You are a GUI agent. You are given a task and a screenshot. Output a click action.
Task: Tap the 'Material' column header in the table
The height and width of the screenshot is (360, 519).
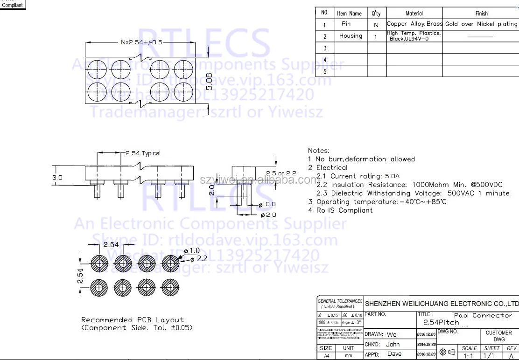tap(414, 14)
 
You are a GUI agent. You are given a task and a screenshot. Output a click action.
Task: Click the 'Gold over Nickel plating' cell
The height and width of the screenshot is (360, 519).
tap(481, 24)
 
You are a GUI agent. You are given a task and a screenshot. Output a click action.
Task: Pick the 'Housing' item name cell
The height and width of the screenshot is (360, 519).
tap(350, 36)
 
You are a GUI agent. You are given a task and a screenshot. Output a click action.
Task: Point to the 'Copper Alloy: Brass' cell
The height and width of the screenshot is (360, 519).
tap(414, 24)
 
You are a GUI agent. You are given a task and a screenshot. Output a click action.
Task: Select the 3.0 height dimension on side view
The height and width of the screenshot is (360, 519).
tap(57, 178)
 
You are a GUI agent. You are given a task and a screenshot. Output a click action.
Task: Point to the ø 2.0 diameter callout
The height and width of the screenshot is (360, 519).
tap(269, 215)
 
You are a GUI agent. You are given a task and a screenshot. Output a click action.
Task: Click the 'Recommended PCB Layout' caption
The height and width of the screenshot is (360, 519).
tap(133, 320)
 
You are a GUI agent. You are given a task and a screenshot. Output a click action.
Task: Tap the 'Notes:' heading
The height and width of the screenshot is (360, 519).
tap(319, 151)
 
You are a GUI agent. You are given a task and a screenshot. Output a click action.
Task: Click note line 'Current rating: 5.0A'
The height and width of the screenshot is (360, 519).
tap(358, 176)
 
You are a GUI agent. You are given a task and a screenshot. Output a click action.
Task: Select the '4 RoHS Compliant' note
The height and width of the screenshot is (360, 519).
tap(340, 210)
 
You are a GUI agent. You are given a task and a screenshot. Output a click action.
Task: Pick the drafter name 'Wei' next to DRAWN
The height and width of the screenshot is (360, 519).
tap(393, 334)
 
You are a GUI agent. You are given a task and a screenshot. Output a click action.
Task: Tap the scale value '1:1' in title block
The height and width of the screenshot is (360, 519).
tap(469, 356)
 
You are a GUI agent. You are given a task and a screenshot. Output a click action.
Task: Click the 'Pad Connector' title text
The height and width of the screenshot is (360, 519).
tap(483, 316)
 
